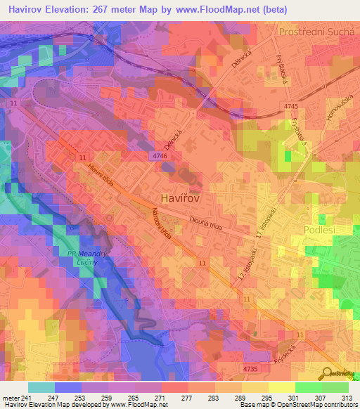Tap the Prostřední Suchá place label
[x=317, y=32]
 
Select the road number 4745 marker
[x=290, y=106]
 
